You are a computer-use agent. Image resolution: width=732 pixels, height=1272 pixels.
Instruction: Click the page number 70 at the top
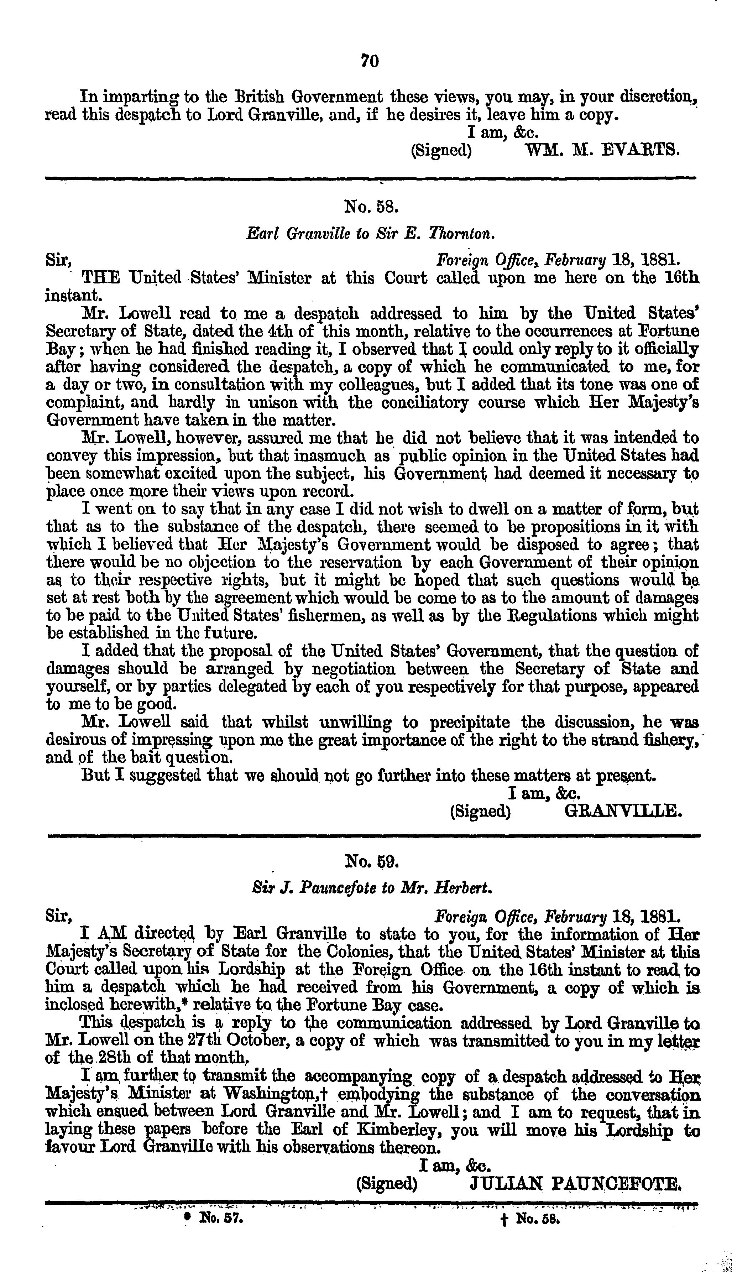click(370, 61)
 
